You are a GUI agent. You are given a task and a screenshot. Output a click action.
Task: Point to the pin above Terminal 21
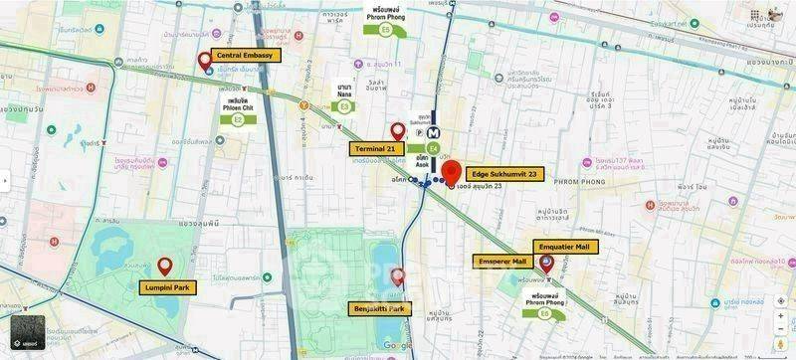point(398,130)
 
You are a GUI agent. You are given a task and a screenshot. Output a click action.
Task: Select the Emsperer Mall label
point(503,262)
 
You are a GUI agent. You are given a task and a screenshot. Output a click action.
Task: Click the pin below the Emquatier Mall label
point(546,263)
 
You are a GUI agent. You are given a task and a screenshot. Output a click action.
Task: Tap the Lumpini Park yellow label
point(168,287)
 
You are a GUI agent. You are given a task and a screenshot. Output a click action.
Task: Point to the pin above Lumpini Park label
point(164,266)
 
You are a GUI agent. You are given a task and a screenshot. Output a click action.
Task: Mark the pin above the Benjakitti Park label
point(398,277)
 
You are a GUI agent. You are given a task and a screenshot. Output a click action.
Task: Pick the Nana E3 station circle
point(345,105)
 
